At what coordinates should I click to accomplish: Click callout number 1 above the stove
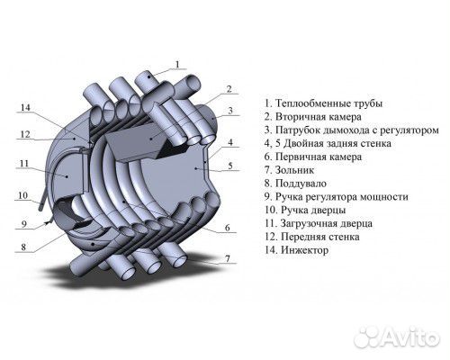pyautogui.click(x=177, y=64)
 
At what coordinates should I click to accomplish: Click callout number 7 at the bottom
pyautogui.click(x=229, y=259)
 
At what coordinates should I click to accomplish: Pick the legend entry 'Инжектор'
pyautogui.click(x=305, y=249)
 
